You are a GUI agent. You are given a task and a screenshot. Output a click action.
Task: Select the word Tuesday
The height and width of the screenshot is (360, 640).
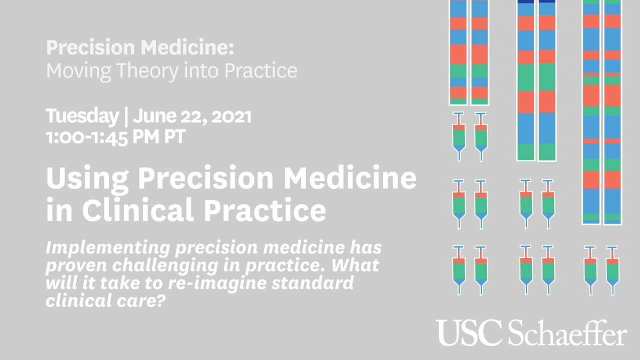(81, 116)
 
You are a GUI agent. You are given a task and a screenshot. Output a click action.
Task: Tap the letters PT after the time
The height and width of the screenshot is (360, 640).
(174, 136)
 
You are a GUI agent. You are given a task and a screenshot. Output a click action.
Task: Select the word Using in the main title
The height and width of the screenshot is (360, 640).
(86, 178)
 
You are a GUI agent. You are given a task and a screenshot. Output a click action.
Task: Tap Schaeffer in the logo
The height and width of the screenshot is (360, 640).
(567, 333)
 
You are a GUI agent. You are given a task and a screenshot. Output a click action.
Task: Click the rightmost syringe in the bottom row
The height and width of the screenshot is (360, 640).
(612, 270)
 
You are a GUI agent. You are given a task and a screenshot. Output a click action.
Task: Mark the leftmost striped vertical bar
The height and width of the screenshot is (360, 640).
(458, 52)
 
